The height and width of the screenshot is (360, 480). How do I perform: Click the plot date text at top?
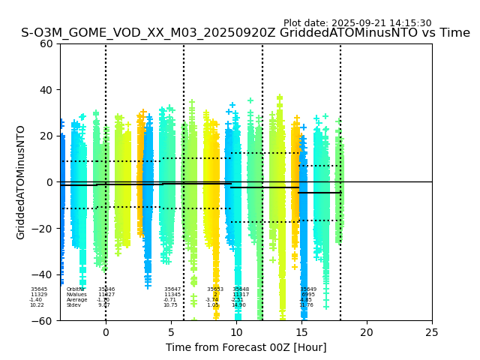[x=357, y=23]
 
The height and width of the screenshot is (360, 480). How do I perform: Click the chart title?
[x=245, y=33]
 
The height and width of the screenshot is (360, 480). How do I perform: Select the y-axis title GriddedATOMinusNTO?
[x=21, y=182]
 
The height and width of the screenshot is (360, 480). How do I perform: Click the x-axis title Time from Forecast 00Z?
[x=246, y=347]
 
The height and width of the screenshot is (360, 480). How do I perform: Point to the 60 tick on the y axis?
[x=46, y=43]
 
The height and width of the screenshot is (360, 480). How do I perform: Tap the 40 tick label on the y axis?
[x=46, y=90]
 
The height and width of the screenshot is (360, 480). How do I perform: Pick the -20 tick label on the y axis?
[x=43, y=229]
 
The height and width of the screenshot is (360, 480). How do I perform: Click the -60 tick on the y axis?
[x=43, y=321]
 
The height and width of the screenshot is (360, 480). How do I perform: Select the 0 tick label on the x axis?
[x=106, y=331]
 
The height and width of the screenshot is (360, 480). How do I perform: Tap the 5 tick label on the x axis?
[x=171, y=331]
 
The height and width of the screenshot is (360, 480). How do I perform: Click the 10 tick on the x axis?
[x=236, y=331]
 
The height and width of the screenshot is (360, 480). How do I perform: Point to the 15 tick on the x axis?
[x=301, y=331]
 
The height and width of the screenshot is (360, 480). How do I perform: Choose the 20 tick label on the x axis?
[x=367, y=331]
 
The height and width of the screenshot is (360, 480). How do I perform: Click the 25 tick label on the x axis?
[x=432, y=331]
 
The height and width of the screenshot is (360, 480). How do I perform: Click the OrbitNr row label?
[x=75, y=289]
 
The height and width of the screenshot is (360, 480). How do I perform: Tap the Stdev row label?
[x=73, y=305]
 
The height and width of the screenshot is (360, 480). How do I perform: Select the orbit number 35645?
[x=39, y=289]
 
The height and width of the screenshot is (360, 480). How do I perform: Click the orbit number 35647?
[x=172, y=289]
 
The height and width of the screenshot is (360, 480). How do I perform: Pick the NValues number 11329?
[x=39, y=295]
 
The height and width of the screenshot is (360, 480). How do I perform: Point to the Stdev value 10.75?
[x=170, y=305]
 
